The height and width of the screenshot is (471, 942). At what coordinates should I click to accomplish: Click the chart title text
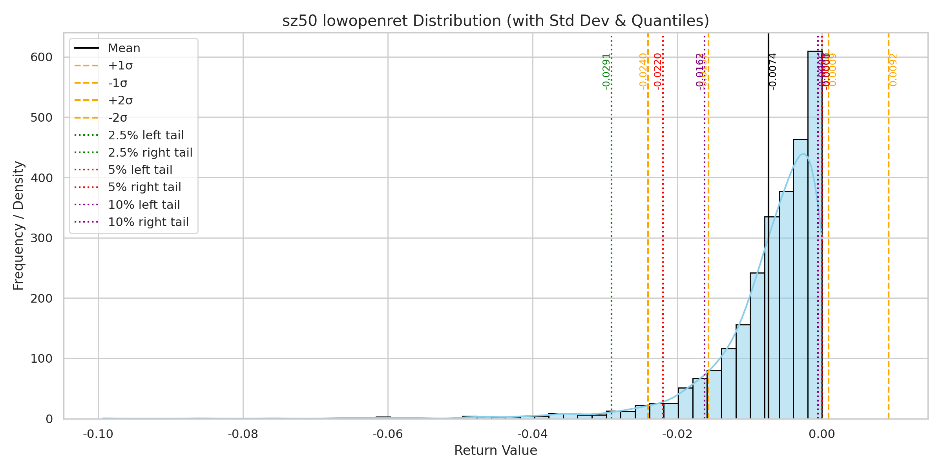[496, 21]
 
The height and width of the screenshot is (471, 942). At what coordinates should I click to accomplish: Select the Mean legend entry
[124, 48]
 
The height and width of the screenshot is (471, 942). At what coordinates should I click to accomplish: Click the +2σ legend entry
[120, 100]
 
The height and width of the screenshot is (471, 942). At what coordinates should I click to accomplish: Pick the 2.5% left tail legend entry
[146, 135]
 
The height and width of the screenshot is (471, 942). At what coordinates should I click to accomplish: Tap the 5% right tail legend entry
[144, 187]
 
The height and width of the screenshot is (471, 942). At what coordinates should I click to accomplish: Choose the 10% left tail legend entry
[144, 205]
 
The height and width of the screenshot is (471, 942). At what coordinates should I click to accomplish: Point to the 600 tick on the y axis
[41, 57]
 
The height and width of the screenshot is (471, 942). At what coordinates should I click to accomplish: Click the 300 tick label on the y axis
[41, 238]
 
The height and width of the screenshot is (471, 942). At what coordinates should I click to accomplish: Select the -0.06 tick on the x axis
[388, 434]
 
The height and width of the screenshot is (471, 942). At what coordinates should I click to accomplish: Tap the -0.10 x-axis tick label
[98, 434]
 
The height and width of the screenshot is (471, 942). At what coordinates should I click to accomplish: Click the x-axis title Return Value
[496, 451]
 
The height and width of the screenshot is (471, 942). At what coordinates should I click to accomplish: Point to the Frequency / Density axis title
[18, 226]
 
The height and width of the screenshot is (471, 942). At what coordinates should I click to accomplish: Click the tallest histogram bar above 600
[815, 235]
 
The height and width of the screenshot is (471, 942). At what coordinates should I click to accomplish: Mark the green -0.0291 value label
[606, 71]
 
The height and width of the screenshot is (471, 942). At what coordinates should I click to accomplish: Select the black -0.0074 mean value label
[772, 71]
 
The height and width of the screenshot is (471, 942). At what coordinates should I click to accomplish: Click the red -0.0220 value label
[658, 71]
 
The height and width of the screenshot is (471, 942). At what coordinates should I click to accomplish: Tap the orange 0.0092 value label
[893, 70]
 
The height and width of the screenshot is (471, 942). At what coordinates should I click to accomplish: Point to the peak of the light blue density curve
[804, 153]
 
